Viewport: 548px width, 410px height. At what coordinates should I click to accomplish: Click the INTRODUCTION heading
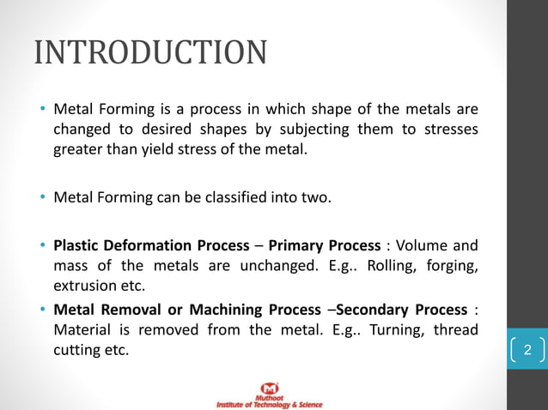pyautogui.click(x=150, y=52)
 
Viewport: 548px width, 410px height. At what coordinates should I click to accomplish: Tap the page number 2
pyautogui.click(x=527, y=350)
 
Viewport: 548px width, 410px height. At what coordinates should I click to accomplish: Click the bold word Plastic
pyautogui.click(x=77, y=246)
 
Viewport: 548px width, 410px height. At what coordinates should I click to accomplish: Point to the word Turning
pyautogui.click(x=391, y=329)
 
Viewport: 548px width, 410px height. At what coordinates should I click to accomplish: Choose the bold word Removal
pyautogui.click(x=129, y=309)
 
